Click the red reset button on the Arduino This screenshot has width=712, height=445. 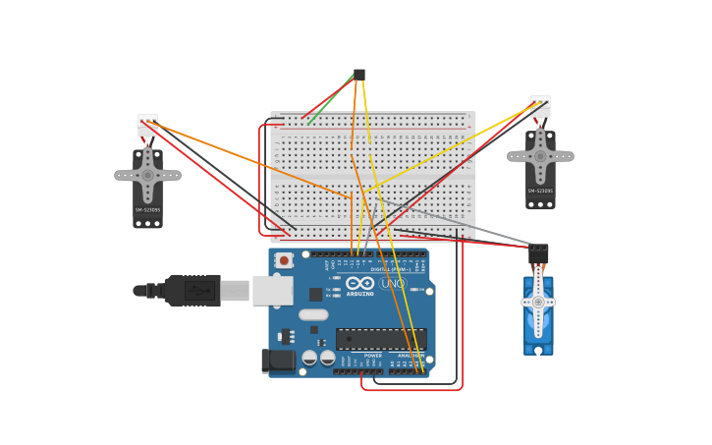coord(284,260)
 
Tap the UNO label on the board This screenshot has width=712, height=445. coord(392,284)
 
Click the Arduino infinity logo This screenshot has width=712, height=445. coord(359,284)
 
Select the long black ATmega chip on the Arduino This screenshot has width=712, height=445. coord(380,339)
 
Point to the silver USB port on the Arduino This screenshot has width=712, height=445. coord(272,291)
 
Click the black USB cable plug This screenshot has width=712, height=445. coord(192,291)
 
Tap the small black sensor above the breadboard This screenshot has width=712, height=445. coord(358,75)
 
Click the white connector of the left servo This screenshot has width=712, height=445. coord(147,125)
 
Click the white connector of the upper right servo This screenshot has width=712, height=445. coord(540,106)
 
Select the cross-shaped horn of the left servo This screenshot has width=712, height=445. coord(147,176)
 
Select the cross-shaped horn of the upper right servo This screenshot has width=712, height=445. coord(540,156)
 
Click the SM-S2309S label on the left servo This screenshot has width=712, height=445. coord(147,209)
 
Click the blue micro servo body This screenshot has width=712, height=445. coord(538,314)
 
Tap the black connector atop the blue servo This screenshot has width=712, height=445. coord(538,252)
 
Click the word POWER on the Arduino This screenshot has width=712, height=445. coord(372,356)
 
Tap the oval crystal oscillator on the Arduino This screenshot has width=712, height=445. coord(313,315)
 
